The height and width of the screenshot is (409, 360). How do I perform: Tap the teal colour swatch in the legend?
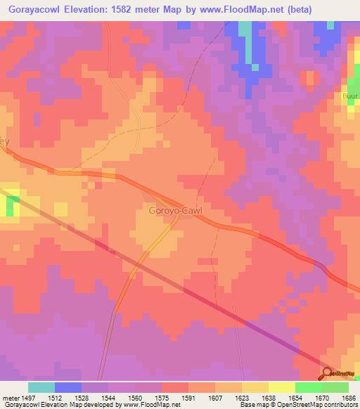click(41, 387)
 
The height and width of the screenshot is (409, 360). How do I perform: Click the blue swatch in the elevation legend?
click(68, 387)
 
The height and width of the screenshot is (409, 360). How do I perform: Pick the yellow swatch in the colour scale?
click(282, 387)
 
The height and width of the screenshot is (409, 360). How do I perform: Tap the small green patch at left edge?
click(11, 206)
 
